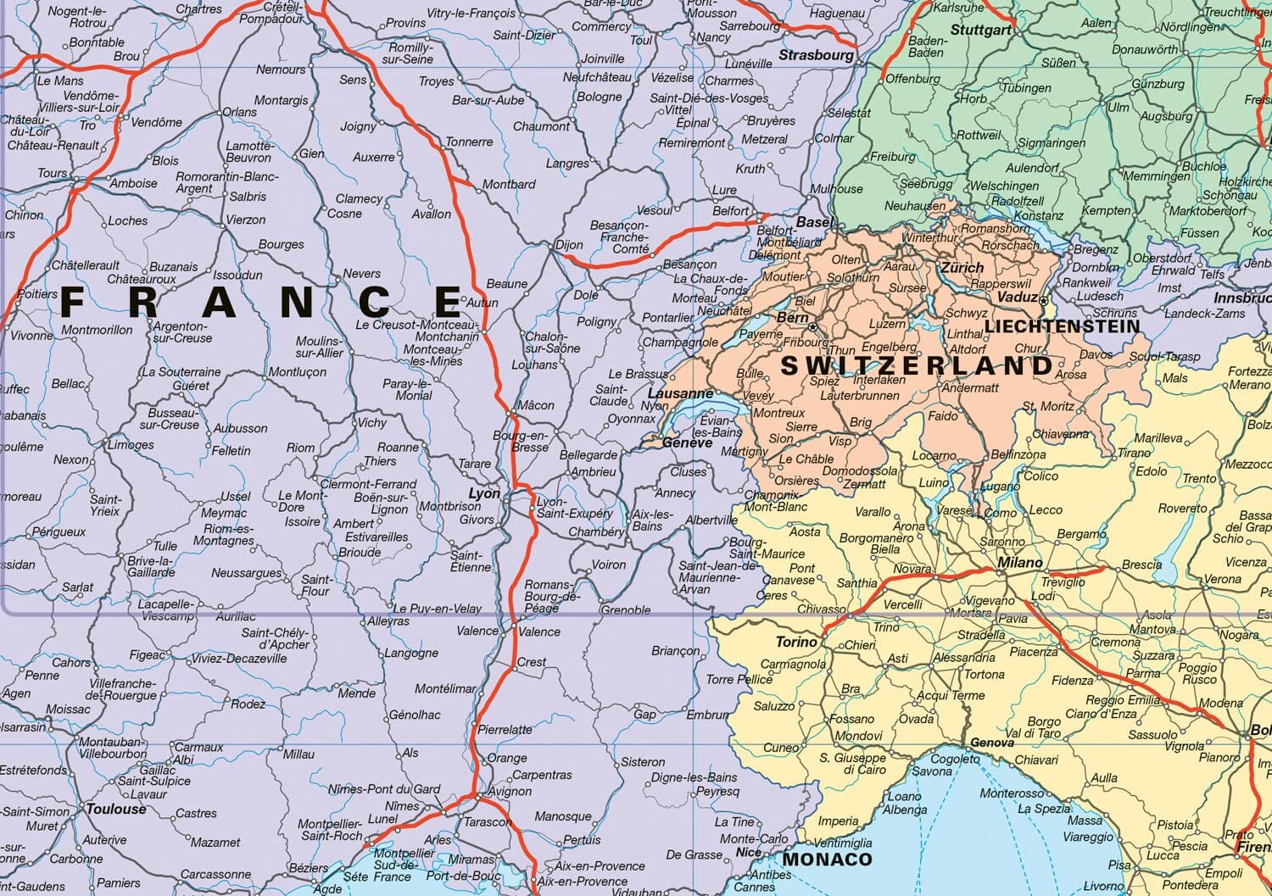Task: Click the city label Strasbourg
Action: tap(816, 55)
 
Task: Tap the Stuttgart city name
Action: tap(981, 30)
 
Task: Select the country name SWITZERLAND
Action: tap(916, 366)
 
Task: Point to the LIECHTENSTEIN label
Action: tap(1062, 326)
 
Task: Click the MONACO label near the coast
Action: tap(826, 859)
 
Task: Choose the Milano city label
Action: tap(1019, 562)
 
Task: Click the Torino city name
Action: tap(796, 642)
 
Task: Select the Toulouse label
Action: tap(116, 809)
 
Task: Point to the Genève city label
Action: tap(687, 442)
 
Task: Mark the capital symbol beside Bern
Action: tap(813, 326)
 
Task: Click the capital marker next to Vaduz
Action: tap(1044, 298)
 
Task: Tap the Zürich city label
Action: tap(962, 267)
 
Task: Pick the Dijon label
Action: tap(569, 245)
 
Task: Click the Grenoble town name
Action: tap(625, 609)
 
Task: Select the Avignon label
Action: tap(510, 791)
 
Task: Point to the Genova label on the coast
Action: tap(991, 743)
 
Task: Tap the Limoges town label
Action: tap(131, 444)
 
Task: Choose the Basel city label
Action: tap(815, 222)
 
